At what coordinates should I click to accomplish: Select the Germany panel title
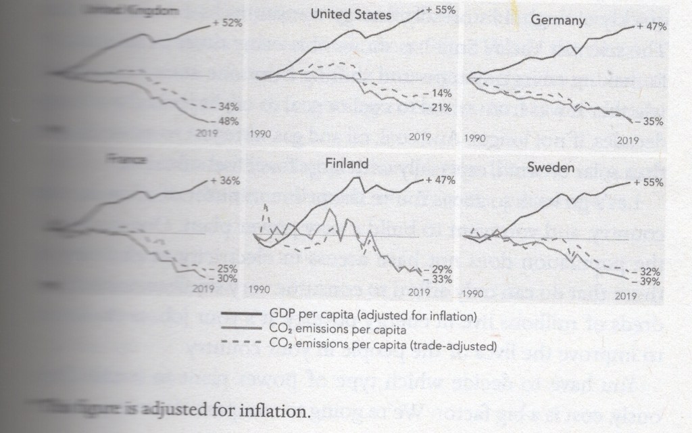tap(558, 20)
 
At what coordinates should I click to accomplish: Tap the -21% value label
tap(440, 108)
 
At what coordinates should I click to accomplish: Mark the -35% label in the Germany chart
tap(651, 122)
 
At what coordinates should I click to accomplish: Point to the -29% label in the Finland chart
tap(440, 269)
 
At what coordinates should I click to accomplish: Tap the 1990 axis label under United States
tap(262, 135)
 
